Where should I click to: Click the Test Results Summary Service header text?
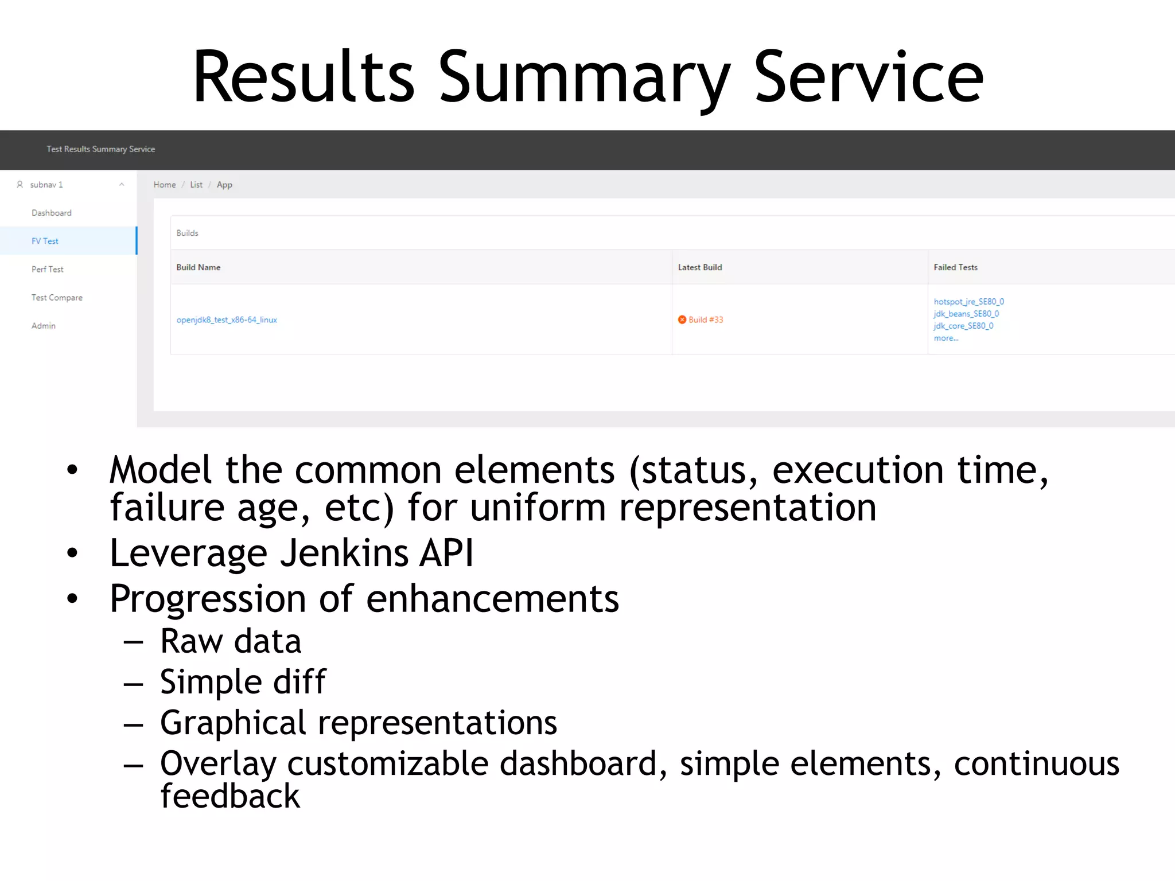pyautogui.click(x=100, y=149)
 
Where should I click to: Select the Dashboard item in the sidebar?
pyautogui.click(x=52, y=213)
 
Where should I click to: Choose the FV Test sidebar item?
pyautogui.click(x=45, y=241)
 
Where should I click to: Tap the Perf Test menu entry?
pyautogui.click(x=47, y=269)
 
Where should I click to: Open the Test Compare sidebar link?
pyautogui.click(x=57, y=297)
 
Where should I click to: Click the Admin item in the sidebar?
pyautogui.click(x=44, y=326)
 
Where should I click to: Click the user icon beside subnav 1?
pyautogui.click(x=20, y=185)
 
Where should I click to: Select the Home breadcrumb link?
pyautogui.click(x=165, y=185)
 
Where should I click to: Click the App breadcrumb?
pyautogui.click(x=224, y=185)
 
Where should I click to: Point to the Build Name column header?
pyautogui.click(x=198, y=267)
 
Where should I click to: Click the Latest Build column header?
pyautogui.click(x=700, y=267)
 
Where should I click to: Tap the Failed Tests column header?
pyautogui.click(x=955, y=267)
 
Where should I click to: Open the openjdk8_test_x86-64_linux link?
pyautogui.click(x=227, y=320)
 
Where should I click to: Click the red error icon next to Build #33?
pyautogui.click(x=682, y=319)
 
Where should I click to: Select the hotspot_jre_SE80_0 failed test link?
pyautogui.click(x=968, y=302)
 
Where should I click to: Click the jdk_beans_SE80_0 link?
pyautogui.click(x=966, y=314)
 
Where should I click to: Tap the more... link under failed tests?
pyautogui.click(x=946, y=338)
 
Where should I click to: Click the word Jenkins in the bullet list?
pyautogui.click(x=344, y=553)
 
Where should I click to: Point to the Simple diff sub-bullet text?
pyautogui.click(x=243, y=682)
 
